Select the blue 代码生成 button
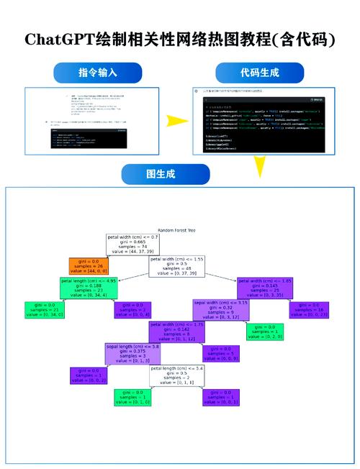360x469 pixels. (x=259, y=73)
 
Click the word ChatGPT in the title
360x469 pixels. (x=59, y=39)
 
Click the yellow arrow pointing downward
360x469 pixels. (x=258, y=168)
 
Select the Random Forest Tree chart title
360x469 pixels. (x=176, y=230)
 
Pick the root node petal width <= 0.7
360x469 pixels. (x=133, y=245)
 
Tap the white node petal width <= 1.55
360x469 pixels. (x=176, y=267)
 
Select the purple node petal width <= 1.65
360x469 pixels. (x=265, y=288)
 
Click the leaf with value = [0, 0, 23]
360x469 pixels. (x=310, y=310)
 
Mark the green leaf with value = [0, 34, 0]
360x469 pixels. (x=45, y=310)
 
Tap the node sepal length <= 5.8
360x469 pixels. (x=133, y=353)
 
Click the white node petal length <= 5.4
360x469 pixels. (x=176, y=375)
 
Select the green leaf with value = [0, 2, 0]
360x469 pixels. (x=265, y=331)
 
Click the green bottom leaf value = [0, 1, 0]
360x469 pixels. (x=133, y=397)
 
